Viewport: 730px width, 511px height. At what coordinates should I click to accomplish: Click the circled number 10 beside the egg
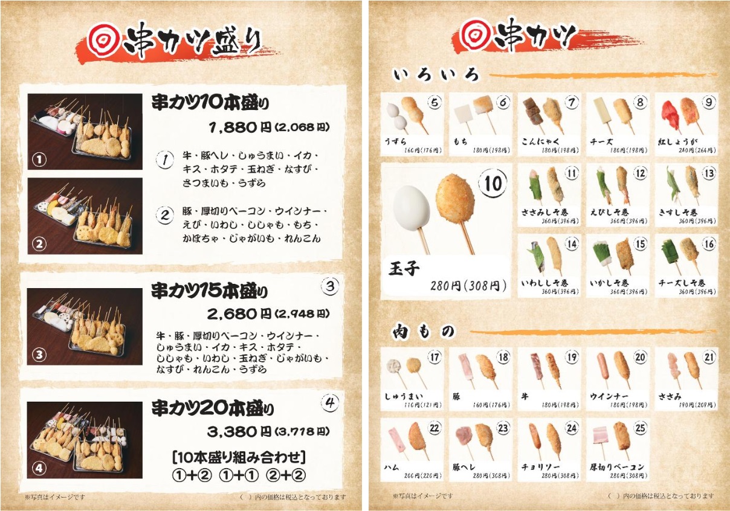[x=493, y=183]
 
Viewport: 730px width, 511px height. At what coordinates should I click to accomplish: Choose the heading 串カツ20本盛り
[x=212, y=408]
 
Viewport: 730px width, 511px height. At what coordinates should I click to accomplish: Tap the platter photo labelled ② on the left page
[x=85, y=216]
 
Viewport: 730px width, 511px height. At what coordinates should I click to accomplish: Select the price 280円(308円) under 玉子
[x=469, y=285]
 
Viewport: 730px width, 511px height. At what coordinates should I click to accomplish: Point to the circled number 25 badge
[x=640, y=428]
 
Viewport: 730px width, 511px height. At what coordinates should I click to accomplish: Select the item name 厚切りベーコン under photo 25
[x=617, y=467]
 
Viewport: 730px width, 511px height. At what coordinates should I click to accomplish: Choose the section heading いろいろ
[x=436, y=75]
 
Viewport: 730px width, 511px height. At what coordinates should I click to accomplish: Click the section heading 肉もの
[x=423, y=331]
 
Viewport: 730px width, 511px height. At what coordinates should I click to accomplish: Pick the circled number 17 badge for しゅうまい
[x=434, y=357]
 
